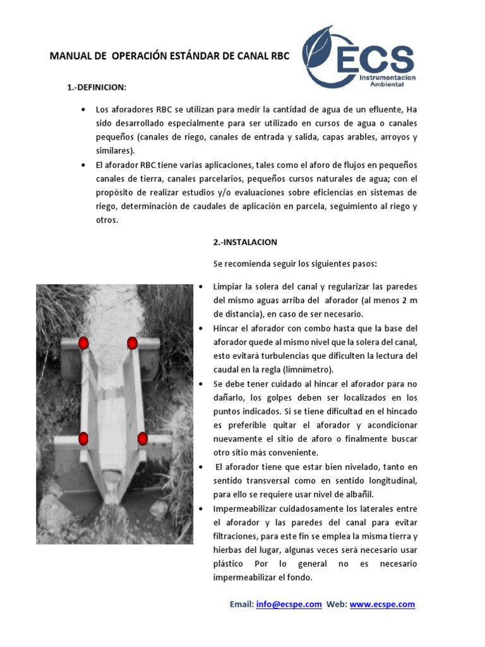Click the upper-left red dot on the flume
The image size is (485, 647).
(x=83, y=343)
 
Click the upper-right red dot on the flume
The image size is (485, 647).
(x=132, y=343)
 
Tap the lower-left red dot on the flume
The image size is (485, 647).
(x=83, y=438)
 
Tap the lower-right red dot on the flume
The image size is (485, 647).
(x=142, y=438)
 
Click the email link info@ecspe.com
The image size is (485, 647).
(x=289, y=605)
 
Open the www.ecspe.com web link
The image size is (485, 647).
(x=382, y=605)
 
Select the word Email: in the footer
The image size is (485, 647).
(x=241, y=605)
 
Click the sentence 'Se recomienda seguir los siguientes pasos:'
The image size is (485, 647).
(x=294, y=263)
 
